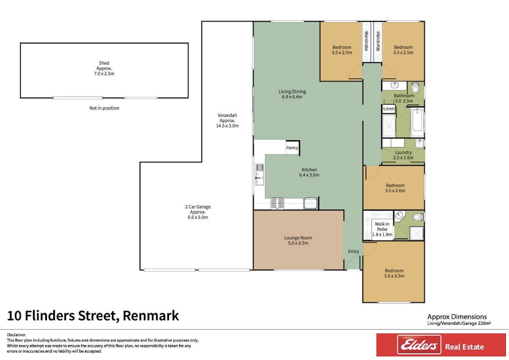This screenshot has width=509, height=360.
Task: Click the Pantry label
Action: (292, 148)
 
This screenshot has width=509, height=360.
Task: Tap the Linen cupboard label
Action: (389, 108)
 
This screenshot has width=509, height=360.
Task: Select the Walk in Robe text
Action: (382, 227)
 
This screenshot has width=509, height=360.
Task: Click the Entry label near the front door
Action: (353, 252)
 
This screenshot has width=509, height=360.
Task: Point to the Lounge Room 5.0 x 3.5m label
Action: (298, 241)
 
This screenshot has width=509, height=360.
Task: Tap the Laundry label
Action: (403, 153)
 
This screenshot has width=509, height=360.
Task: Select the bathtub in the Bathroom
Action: (417, 123)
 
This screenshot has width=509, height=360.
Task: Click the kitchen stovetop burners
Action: (277, 203)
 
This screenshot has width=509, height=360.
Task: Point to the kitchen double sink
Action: (260, 174)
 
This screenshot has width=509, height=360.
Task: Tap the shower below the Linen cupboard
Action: (389, 125)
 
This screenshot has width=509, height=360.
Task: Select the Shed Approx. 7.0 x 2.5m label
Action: (104, 68)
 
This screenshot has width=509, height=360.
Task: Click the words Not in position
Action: (104, 108)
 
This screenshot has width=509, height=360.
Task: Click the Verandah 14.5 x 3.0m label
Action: (227, 121)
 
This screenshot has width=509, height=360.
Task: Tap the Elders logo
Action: (419, 345)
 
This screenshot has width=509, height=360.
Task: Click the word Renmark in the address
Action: (151, 316)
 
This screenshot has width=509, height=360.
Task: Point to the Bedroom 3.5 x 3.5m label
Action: (394, 273)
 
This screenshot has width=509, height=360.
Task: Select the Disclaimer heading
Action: (16, 334)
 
